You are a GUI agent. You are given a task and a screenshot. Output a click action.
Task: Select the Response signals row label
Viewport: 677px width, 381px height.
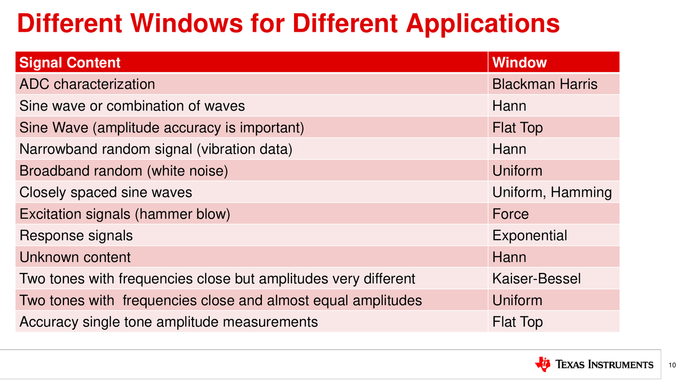(x=76, y=236)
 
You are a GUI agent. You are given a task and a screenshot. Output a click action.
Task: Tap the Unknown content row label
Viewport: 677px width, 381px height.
(x=75, y=257)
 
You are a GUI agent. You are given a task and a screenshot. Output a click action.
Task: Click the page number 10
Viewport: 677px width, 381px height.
(x=672, y=365)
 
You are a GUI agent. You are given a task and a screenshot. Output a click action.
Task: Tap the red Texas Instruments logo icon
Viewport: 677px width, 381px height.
(x=543, y=364)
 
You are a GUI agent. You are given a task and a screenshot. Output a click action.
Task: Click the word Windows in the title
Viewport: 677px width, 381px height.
(x=187, y=24)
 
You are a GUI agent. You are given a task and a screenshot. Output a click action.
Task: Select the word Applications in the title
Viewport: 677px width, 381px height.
(x=483, y=24)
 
